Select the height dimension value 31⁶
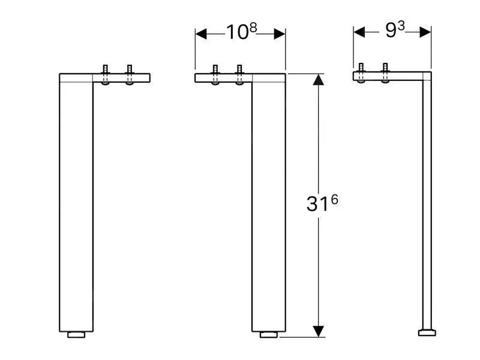pyautogui.click(x=322, y=203)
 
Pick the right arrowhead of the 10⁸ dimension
pyautogui.click(x=279, y=34)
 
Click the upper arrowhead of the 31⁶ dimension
pyautogui.click(x=319, y=79)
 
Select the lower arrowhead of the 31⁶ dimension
pyautogui.click(x=319, y=331)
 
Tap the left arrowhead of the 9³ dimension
pyautogui.click(x=359, y=32)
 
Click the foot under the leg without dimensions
pyautogui.click(x=76, y=335)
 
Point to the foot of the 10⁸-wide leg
pyautogui.click(x=268, y=335)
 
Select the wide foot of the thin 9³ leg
pyautogui.click(x=427, y=332)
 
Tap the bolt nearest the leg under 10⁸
pyautogui.click(x=239, y=74)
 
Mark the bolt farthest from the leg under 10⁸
pyautogui.click(x=216, y=74)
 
